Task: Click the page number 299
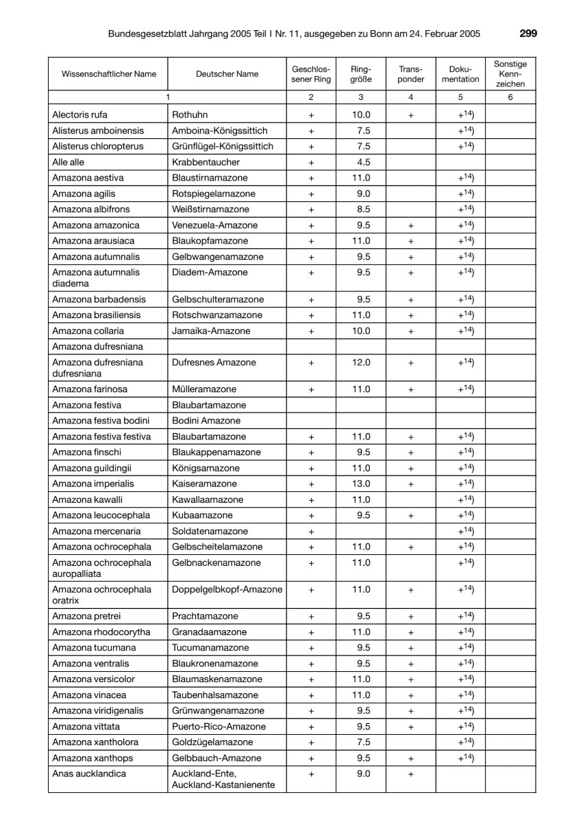point(528,33)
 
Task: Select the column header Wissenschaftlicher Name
point(109,74)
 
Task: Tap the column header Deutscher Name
point(227,74)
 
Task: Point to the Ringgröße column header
point(360,74)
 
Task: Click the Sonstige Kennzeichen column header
point(510,74)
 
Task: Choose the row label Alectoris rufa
point(79,115)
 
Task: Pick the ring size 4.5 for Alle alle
point(360,162)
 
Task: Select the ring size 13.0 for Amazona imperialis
point(360,484)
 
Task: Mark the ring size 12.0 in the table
point(360,363)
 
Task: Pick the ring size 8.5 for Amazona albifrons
point(360,209)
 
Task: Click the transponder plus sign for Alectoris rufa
point(410,115)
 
